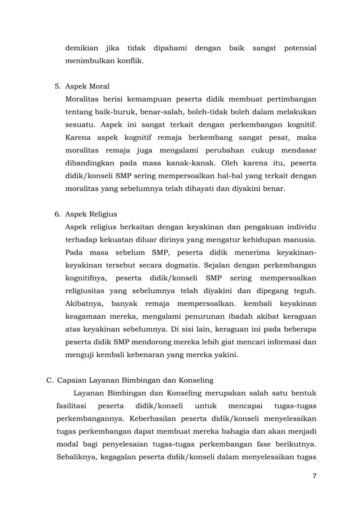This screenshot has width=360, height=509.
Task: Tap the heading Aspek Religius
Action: point(91,214)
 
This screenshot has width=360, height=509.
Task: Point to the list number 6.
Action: point(57,214)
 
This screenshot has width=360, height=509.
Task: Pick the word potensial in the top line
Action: point(297,49)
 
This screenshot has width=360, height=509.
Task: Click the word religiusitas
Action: point(88,291)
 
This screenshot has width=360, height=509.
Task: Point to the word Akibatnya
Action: point(85,304)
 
